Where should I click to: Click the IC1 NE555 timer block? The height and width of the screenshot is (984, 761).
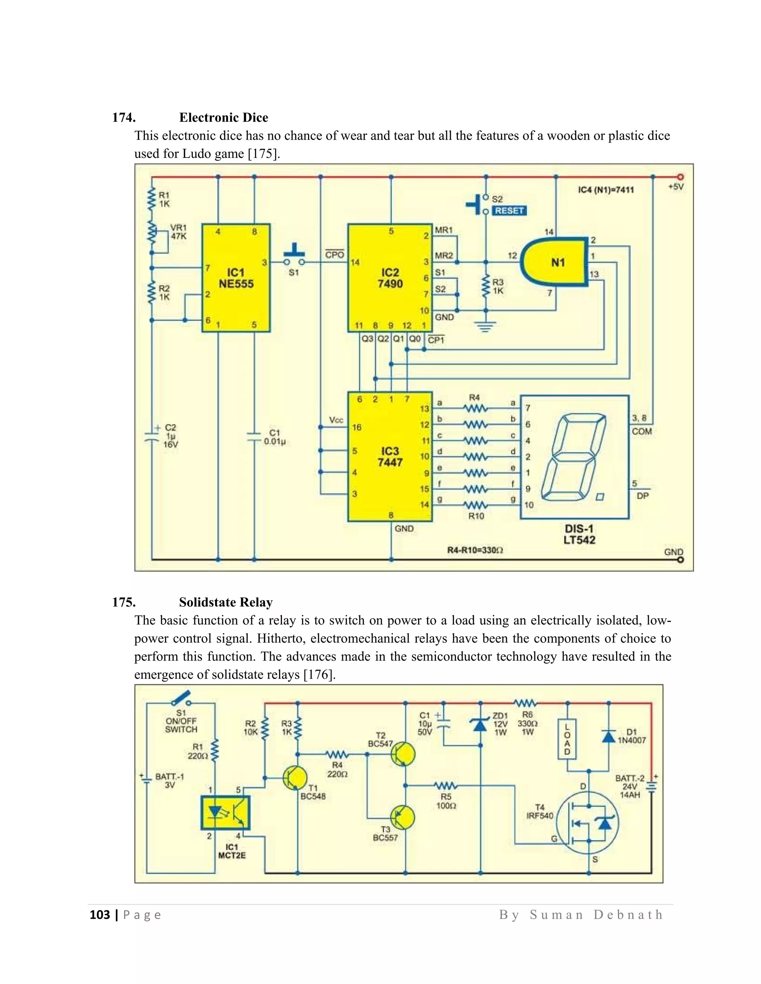(x=236, y=278)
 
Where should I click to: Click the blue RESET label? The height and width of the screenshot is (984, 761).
(x=509, y=211)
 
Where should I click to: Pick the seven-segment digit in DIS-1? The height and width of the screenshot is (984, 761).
(x=574, y=456)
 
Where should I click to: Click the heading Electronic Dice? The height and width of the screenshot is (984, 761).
(x=224, y=118)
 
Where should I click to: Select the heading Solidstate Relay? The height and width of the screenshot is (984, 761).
(x=226, y=602)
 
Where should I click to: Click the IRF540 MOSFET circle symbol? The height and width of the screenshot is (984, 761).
(x=587, y=823)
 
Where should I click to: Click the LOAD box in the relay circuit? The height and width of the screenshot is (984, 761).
(x=567, y=739)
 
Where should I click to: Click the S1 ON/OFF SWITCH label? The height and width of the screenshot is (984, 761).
(x=181, y=721)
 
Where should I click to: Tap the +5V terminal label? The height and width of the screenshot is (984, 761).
(x=676, y=186)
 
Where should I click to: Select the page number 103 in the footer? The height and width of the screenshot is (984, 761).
(x=100, y=915)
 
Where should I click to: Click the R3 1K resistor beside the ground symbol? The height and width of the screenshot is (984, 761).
(x=486, y=287)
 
